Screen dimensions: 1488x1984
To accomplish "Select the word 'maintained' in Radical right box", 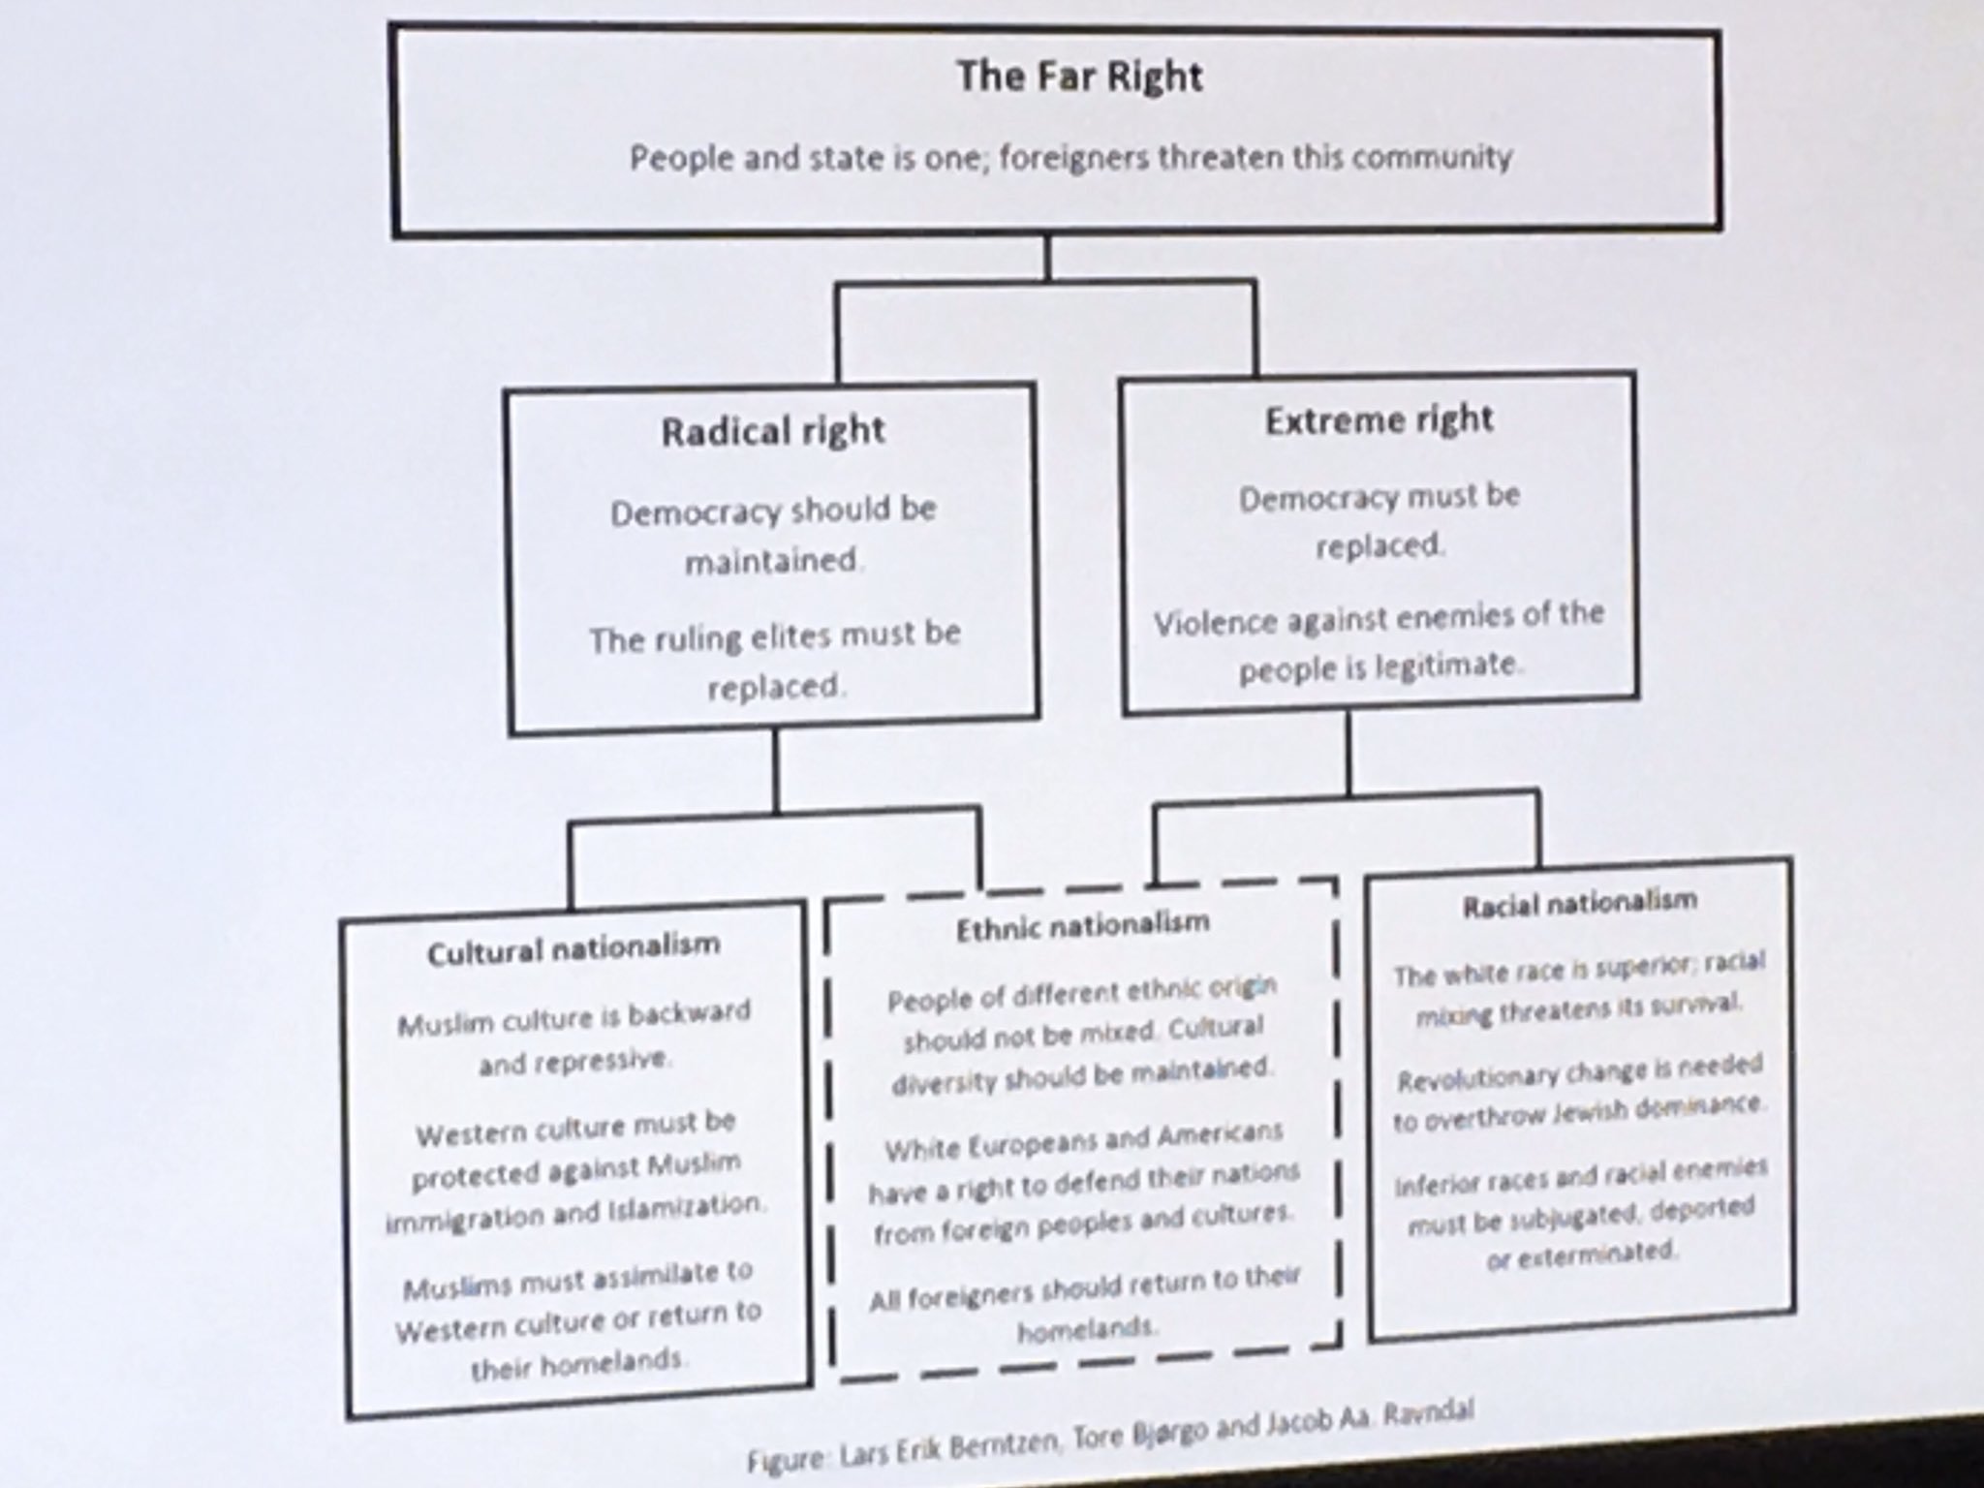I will click(772, 561).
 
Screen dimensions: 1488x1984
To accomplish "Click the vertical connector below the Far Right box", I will click(1046, 258).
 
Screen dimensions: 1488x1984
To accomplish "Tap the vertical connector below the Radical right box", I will click(775, 770).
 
